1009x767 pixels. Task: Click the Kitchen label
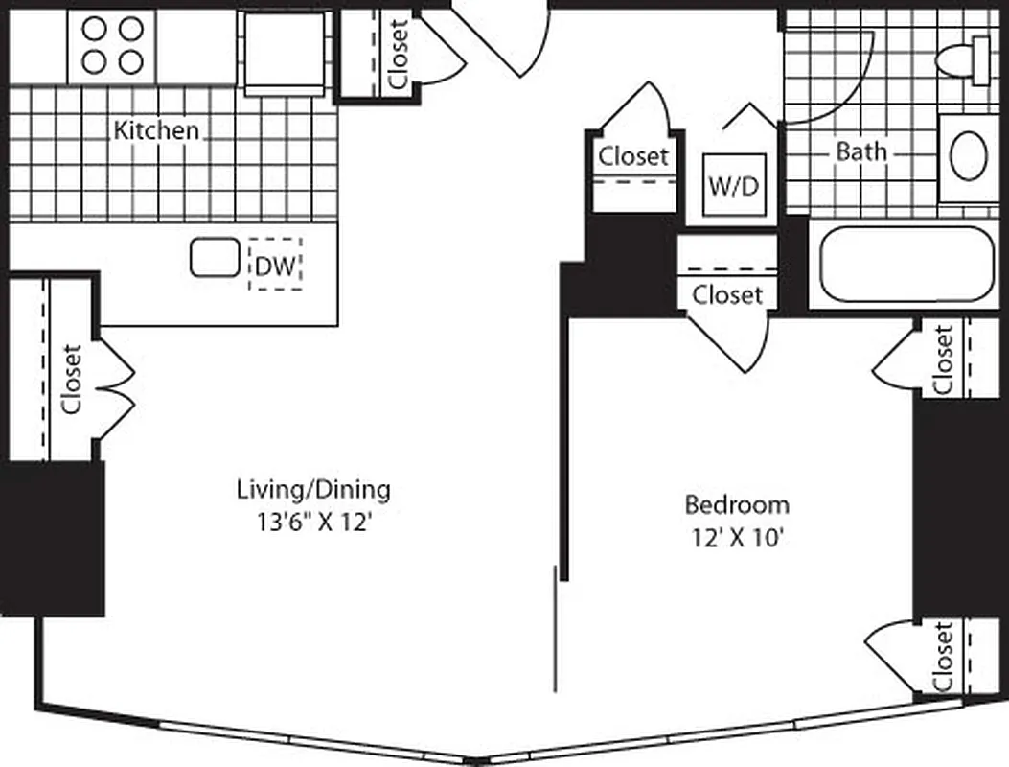pyautogui.click(x=157, y=130)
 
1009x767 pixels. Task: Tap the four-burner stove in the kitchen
pyautogui.click(x=111, y=46)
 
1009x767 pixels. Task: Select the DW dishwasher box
pyautogui.click(x=276, y=263)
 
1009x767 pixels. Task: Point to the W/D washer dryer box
pyautogui.click(x=733, y=184)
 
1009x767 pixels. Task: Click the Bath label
pyautogui.click(x=861, y=151)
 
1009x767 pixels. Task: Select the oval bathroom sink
pyautogui.click(x=970, y=156)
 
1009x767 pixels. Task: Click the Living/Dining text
pyautogui.click(x=313, y=490)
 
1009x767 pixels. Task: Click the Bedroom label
pyautogui.click(x=737, y=504)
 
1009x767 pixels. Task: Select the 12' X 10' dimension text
pyautogui.click(x=737, y=538)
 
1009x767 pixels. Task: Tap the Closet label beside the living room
pyautogui.click(x=71, y=379)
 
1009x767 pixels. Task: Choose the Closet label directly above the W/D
pyautogui.click(x=632, y=155)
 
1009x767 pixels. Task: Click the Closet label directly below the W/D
pyautogui.click(x=727, y=294)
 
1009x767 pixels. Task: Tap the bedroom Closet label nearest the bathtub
pyautogui.click(x=943, y=360)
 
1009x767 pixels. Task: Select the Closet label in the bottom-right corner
pyautogui.click(x=943, y=657)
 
